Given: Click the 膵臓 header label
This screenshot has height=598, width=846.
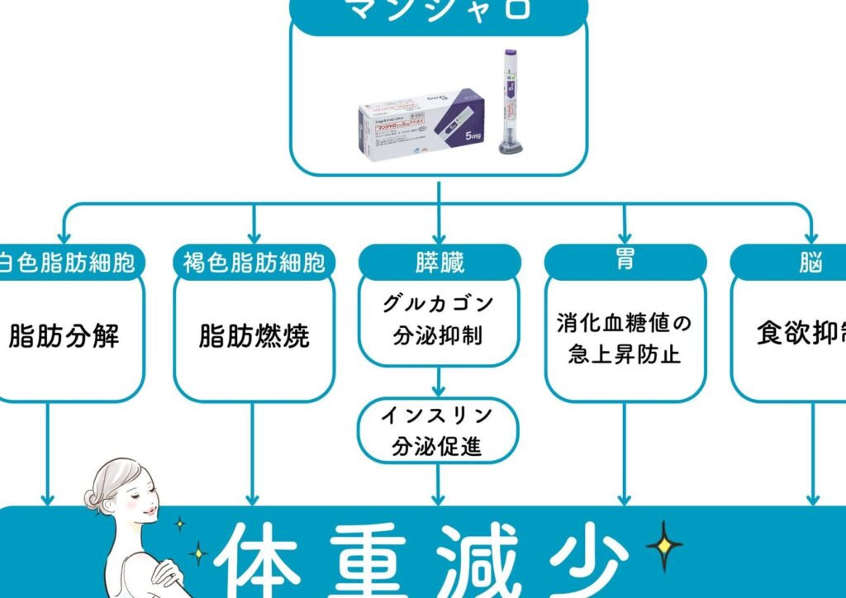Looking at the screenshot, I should pos(439,262).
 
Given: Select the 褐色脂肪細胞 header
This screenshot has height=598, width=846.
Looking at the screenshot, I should pos(254,263).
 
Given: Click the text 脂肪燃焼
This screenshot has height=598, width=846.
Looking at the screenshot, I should pos(254,337).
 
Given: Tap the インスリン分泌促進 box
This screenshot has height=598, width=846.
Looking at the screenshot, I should pos(439,430).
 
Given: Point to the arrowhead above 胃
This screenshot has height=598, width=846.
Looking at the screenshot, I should pos(625,238).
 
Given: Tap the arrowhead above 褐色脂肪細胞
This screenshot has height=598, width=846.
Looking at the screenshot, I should pos(254,238).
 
